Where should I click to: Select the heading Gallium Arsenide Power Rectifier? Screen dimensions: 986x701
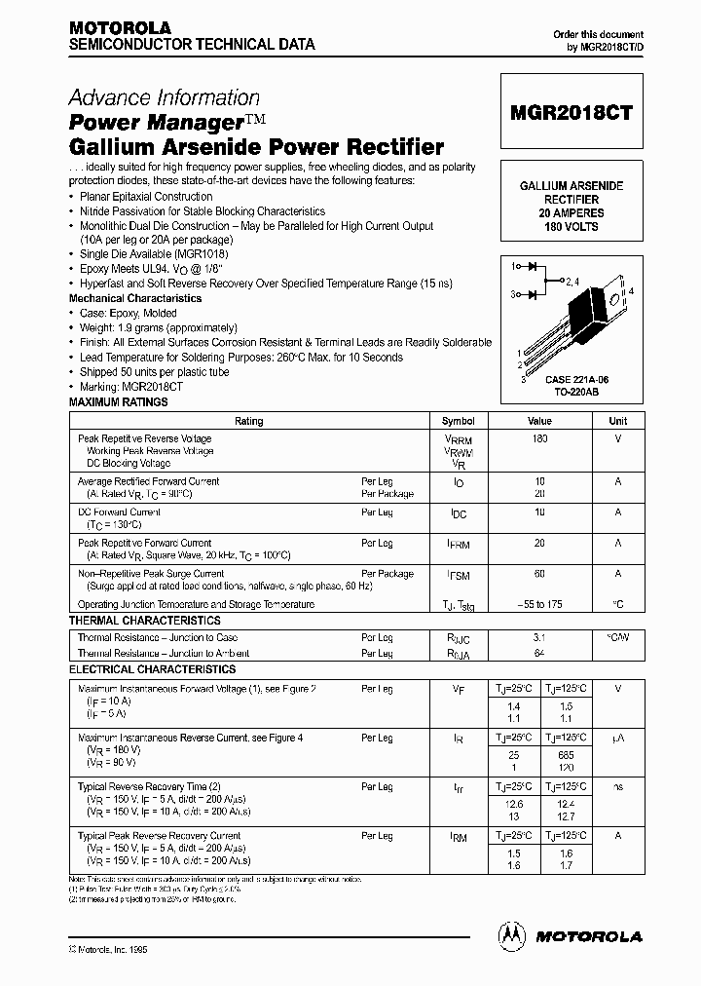coord(256,148)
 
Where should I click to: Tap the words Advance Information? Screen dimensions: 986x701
coord(164,98)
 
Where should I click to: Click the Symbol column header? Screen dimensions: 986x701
coord(458,422)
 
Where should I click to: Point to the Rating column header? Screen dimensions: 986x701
coord(249,422)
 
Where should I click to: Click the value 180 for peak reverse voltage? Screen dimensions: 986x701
coord(539,438)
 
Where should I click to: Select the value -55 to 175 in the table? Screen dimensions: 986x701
coord(539,604)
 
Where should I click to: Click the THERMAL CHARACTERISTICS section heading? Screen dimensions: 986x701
coord(144,621)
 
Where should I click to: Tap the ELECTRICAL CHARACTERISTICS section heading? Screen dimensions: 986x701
coord(152,670)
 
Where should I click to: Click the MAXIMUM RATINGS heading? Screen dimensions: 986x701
coord(118,402)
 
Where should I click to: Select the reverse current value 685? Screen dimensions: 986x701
coord(567,755)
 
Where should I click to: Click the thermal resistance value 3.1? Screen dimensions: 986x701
coord(539,638)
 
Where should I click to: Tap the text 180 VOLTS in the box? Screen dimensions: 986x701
coord(570,227)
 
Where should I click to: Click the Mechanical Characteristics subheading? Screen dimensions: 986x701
coord(135,299)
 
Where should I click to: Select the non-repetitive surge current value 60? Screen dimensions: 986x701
coord(539,574)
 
